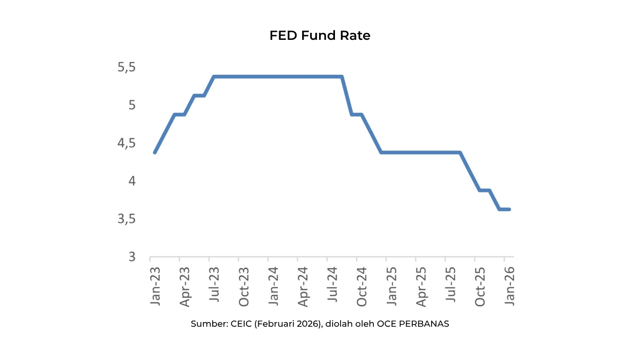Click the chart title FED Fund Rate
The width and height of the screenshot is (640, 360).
click(320, 36)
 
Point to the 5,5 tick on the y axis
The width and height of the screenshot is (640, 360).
click(127, 67)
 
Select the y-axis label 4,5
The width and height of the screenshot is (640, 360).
click(127, 143)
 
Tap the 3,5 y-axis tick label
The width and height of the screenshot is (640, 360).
click(127, 219)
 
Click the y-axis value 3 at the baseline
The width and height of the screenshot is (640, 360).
click(132, 257)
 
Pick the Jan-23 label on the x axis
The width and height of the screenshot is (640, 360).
click(155, 286)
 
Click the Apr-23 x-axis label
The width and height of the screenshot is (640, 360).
click(185, 287)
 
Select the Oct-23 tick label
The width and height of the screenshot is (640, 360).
click(244, 287)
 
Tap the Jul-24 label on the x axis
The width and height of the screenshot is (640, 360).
click(332, 285)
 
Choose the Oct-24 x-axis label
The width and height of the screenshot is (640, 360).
click(362, 287)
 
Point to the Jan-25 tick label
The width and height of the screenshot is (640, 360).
click(391, 286)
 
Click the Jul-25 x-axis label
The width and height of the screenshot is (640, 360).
click(451, 285)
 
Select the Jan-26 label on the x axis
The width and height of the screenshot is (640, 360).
click(509, 286)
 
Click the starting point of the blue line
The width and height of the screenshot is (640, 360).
click(155, 152)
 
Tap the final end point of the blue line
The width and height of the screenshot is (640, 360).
click(509, 210)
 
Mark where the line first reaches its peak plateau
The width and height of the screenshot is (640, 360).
click(214, 76)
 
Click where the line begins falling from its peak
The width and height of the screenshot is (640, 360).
click(342, 76)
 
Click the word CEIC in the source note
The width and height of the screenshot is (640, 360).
click(241, 324)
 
